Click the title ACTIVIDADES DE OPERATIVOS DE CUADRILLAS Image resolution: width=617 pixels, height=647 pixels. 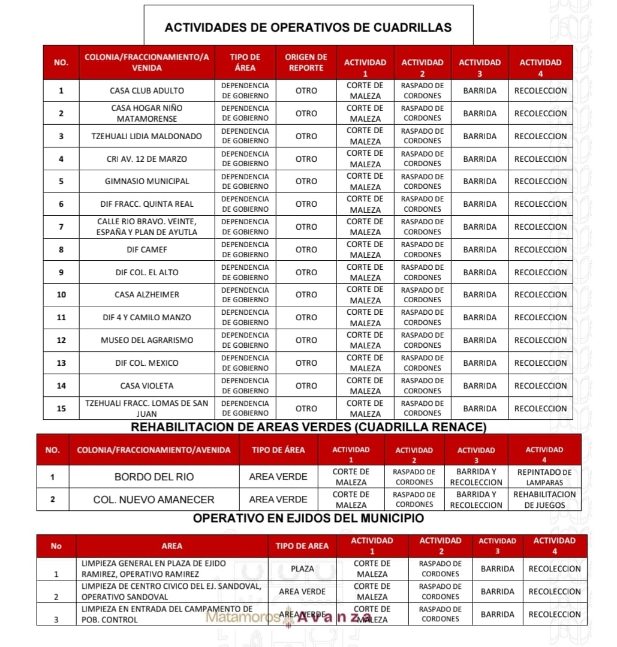click(x=308, y=28)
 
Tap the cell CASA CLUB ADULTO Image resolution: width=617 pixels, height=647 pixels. click(x=147, y=91)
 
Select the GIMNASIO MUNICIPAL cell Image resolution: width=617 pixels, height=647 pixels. click(x=147, y=181)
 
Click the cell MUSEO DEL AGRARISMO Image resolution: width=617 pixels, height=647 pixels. click(x=147, y=340)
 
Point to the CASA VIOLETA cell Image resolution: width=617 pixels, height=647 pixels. click(x=147, y=386)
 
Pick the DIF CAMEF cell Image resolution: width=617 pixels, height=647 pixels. click(x=147, y=249)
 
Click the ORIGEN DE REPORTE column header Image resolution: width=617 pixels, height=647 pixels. click(x=306, y=62)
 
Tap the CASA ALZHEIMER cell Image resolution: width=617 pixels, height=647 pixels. click(x=147, y=294)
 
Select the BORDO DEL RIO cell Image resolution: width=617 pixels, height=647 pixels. click(x=154, y=477)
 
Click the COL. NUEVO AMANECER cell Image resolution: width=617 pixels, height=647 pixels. click(x=154, y=499)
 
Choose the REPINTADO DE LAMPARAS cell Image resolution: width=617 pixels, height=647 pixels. click(x=544, y=477)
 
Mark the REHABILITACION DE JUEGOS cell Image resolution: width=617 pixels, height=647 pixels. click(x=544, y=499)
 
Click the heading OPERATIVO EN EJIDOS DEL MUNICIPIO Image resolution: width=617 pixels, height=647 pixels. click(x=308, y=518)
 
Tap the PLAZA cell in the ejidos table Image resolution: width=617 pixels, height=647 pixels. click(x=302, y=568)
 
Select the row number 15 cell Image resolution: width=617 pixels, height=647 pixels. click(x=61, y=408)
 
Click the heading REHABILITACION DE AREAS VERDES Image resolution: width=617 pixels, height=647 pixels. click(x=308, y=427)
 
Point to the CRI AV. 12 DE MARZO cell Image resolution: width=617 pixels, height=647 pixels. click(x=147, y=159)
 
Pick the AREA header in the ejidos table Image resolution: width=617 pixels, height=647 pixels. click(x=172, y=546)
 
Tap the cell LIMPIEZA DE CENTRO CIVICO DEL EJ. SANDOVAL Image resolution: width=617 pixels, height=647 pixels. click(x=171, y=591)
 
